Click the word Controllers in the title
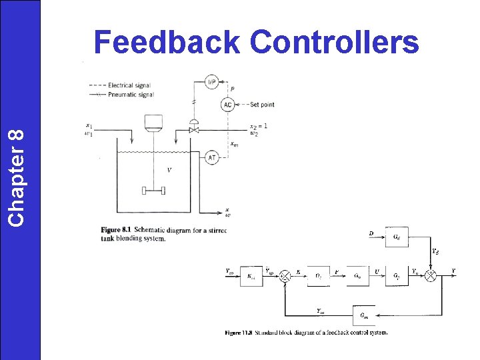(x=335, y=43)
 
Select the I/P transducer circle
(x=211, y=83)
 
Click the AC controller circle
(x=228, y=105)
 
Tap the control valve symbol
(x=195, y=131)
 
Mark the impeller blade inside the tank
(x=154, y=191)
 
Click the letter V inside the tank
(x=169, y=171)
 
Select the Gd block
(x=397, y=237)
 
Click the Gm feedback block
(x=363, y=315)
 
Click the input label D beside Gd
(x=371, y=233)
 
